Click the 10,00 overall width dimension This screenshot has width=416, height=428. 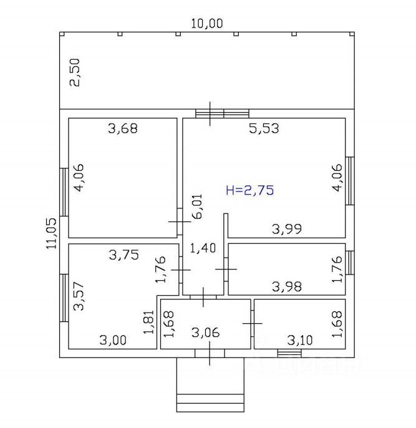pos(206,24)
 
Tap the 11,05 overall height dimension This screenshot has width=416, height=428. pos(51,233)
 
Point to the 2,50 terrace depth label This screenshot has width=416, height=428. pos(75,72)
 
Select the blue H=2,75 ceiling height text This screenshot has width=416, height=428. pos(250,190)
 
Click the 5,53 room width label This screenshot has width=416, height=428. pos(264,129)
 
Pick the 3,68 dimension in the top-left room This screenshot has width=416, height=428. pos(123,129)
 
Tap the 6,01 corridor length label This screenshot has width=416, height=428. pos(197,207)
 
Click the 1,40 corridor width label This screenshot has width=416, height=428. pos(203,248)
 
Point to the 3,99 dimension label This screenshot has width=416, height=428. pos(287,229)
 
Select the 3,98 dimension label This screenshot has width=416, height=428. pos(287,286)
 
